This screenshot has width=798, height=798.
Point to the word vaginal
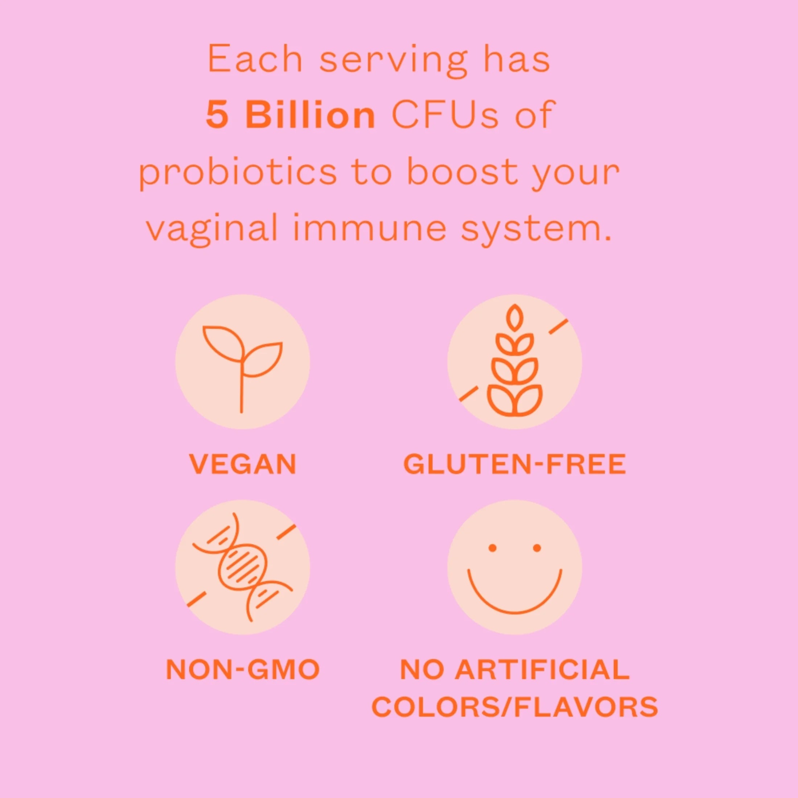[212, 229]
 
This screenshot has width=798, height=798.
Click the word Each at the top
[255, 59]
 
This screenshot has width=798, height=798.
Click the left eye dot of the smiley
[492, 548]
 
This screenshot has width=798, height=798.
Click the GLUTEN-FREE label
[514, 464]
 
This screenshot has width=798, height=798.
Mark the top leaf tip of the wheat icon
[514, 307]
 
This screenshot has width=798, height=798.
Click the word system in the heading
[536, 229]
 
